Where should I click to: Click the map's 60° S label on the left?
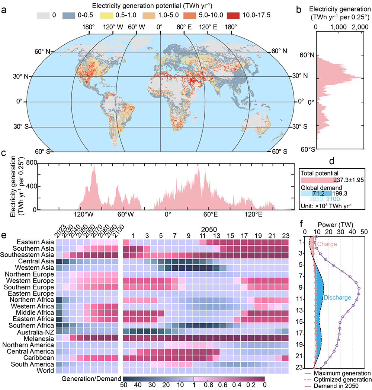tap(43, 151)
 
